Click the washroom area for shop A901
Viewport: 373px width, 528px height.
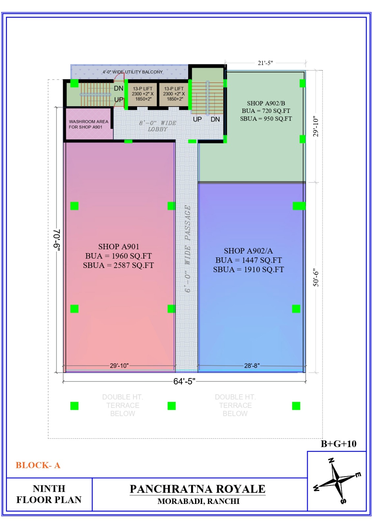(89, 124)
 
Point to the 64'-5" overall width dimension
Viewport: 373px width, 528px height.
(184, 381)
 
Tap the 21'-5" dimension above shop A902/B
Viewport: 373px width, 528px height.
(265, 63)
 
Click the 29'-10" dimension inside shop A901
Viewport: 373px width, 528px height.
(119, 366)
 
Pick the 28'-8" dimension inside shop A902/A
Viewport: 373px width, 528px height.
(252, 366)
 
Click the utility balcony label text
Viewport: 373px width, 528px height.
(133, 72)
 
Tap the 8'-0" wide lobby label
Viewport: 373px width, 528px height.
(158, 126)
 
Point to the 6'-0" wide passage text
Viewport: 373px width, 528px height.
(187, 248)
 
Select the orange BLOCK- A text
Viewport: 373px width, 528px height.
(38, 465)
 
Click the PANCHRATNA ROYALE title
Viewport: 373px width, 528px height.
(197, 489)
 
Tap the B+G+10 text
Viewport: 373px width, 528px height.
(338, 444)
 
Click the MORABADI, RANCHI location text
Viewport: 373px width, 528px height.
(198, 501)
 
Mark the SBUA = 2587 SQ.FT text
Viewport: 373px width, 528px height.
(118, 265)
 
